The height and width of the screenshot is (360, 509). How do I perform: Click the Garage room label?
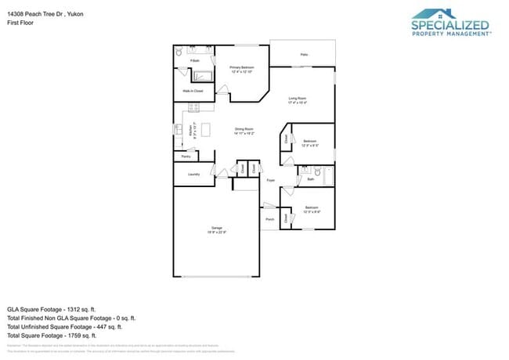(x=217, y=229)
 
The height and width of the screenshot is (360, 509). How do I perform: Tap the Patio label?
(x=303, y=54)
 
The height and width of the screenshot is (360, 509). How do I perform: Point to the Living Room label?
(x=298, y=100)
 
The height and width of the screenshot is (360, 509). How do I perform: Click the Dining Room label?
(x=244, y=131)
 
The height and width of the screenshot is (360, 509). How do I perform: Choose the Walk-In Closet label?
(x=193, y=92)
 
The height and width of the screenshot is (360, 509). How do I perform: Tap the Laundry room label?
(x=193, y=174)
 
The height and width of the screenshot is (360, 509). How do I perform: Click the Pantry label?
(x=186, y=157)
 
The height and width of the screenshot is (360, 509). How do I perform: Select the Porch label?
(x=270, y=219)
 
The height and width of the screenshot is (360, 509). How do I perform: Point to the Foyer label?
(x=271, y=181)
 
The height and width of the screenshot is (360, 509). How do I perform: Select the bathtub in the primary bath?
(x=203, y=76)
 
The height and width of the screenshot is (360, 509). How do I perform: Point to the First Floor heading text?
(x=19, y=23)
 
